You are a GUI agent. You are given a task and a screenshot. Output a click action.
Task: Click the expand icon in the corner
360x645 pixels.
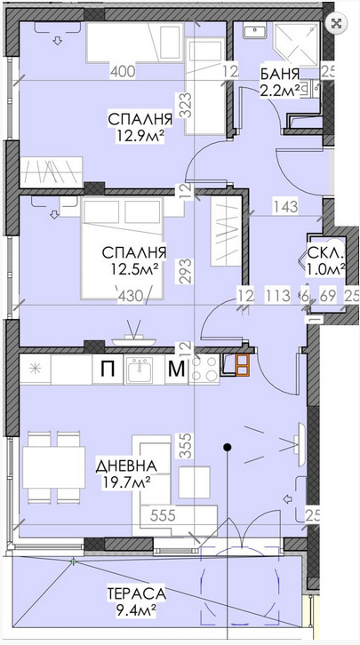[337, 23]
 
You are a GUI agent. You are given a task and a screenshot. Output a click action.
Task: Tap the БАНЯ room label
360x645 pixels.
[279, 75]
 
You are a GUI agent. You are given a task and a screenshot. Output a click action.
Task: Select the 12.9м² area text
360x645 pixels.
[140, 135]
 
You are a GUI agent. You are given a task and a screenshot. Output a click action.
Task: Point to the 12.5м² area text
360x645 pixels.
[134, 268]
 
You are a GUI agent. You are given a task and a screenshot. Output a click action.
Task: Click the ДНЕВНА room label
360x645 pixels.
[126, 466]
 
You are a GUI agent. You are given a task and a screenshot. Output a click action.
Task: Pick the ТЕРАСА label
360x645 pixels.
[136, 594]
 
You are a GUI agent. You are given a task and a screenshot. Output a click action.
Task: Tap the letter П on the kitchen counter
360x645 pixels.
[108, 369]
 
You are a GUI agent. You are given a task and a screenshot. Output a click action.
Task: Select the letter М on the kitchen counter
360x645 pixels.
[177, 369]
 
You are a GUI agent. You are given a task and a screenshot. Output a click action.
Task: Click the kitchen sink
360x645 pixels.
[139, 368]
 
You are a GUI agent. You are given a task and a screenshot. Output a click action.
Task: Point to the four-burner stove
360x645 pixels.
[204, 369]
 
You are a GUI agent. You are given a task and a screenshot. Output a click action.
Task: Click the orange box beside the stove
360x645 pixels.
[242, 365]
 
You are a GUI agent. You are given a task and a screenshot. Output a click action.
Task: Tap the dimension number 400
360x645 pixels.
[123, 72]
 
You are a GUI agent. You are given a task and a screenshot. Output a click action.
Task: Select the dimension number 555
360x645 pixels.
[163, 515]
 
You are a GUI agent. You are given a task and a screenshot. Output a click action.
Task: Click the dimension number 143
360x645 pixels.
[286, 206]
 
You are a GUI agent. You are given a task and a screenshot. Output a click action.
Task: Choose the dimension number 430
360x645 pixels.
[130, 296]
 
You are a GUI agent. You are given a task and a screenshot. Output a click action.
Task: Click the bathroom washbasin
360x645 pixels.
[255, 30]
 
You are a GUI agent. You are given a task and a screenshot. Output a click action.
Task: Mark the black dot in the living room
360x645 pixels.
[227, 447]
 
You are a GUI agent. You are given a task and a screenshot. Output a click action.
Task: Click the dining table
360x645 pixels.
[53, 467]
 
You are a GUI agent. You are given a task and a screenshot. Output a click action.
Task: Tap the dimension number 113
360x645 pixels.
[277, 296]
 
